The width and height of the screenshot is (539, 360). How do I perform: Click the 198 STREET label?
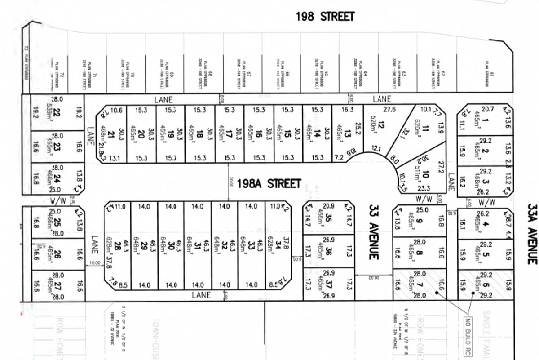(325, 17)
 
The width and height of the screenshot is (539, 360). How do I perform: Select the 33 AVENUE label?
(374, 232)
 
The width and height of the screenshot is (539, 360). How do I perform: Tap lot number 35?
(329, 219)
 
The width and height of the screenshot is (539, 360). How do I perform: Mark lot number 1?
(486, 120)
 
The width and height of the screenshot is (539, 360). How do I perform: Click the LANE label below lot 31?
(201, 295)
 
